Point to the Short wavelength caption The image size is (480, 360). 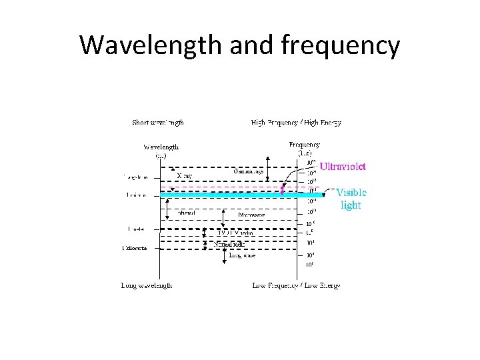coord(157,123)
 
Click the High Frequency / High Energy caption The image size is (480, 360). coord(296,123)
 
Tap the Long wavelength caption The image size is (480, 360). coord(147,285)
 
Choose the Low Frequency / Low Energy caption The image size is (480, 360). coord(296,285)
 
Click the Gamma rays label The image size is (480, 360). coord(248,171)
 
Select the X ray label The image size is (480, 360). coord(185,176)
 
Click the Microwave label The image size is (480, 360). coord(251,215)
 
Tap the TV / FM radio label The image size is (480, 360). coord(236,233)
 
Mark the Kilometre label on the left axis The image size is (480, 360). coord(134,248)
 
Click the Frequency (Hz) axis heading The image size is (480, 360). coord(304,149)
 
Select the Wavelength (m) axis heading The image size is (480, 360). coord(161,151)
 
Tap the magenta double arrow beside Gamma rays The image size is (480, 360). coord(282,190)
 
